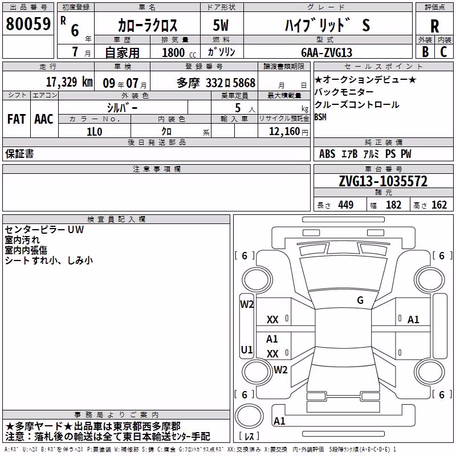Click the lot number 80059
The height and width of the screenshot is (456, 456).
pos(28,23)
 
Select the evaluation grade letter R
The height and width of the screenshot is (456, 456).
pos(434,26)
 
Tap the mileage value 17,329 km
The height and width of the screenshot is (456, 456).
pos(69,82)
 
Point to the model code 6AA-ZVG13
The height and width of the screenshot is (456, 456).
pos(327,52)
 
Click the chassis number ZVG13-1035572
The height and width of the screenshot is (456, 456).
pos(383,181)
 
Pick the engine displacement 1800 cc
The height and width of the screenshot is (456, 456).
pos(179,52)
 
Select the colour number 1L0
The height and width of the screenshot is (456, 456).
pos(95,132)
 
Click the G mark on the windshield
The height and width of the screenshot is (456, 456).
pos(360,300)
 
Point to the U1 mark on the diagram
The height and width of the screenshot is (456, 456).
pos(247,349)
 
